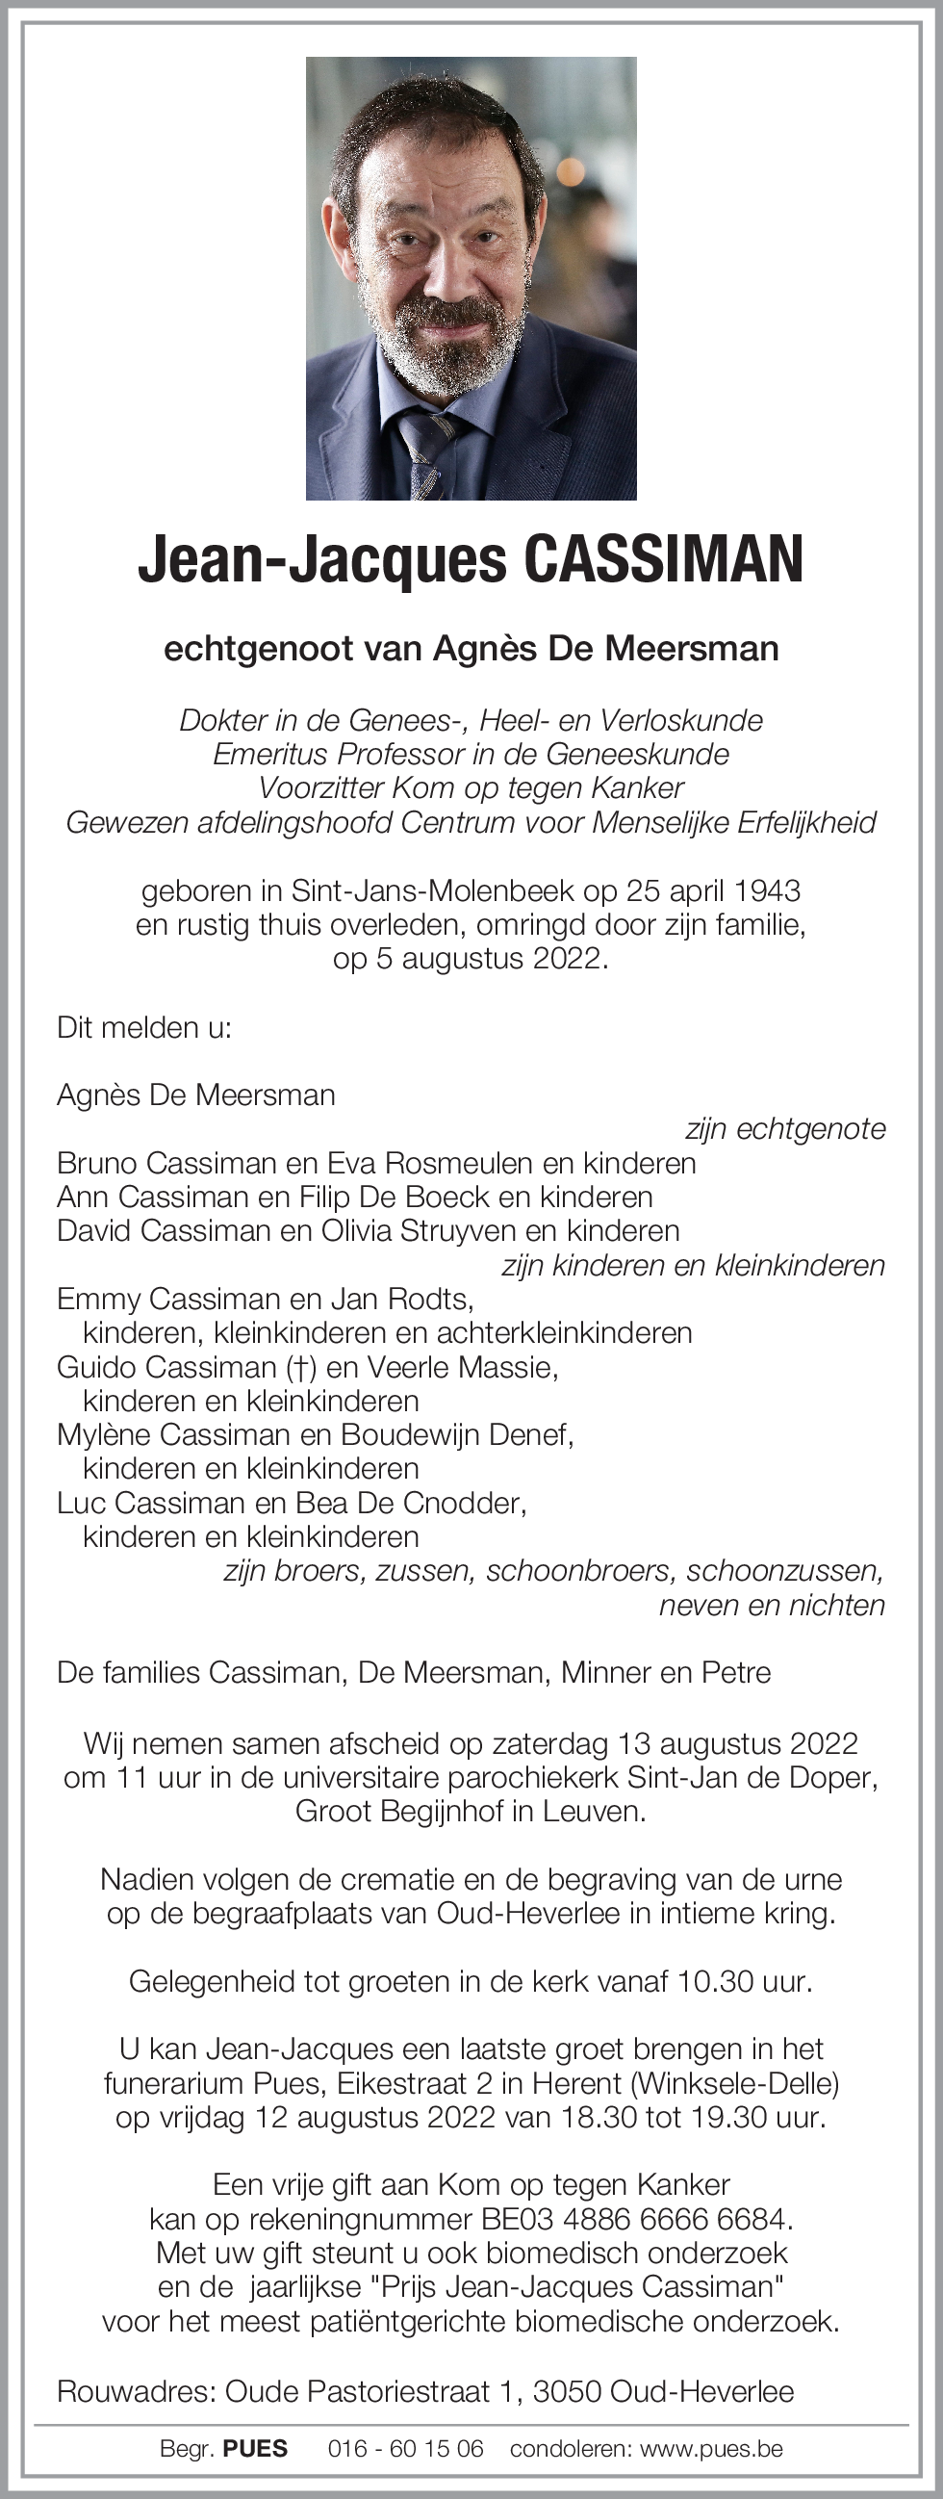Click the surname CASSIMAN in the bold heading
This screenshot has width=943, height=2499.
click(x=664, y=559)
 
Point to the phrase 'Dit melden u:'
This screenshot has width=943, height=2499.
click(x=144, y=1027)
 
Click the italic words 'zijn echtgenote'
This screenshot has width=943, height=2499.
click(x=785, y=1129)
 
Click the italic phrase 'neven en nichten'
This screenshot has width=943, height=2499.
click(x=773, y=1605)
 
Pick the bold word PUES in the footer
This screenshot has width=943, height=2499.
click(x=255, y=2449)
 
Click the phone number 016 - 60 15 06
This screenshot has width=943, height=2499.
click(x=405, y=2449)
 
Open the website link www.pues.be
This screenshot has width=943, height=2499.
click(x=711, y=2449)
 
